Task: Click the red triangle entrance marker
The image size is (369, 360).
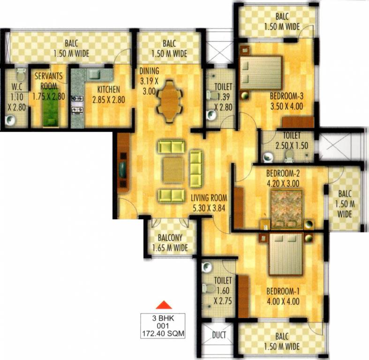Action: [x=161, y=305]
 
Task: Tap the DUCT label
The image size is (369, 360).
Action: [x=219, y=335]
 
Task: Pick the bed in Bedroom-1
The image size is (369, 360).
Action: [x=286, y=256]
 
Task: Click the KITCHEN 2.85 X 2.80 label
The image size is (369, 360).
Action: [x=108, y=94]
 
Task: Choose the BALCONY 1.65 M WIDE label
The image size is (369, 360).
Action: [x=170, y=243]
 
